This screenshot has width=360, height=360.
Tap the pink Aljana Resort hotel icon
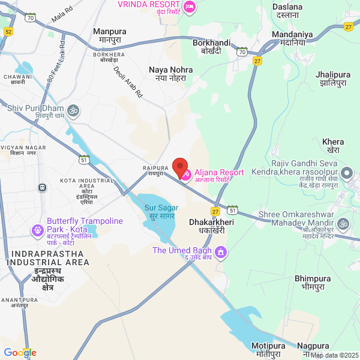pos(187,175)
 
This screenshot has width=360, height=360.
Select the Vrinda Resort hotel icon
pos(190,7)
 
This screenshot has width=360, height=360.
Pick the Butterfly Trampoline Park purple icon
pos(37,229)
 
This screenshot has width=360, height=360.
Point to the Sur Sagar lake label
pos(159,211)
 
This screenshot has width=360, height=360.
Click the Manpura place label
pos(109,35)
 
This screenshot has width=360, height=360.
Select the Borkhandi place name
pos(212,47)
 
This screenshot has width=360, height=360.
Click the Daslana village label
pos(287,11)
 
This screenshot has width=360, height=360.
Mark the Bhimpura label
pos(312,283)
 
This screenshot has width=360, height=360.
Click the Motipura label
pos(266,350)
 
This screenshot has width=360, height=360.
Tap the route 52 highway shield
pos(8,31)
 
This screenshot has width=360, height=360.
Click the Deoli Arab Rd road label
pos(128,82)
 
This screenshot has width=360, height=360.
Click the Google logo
pos(20,353)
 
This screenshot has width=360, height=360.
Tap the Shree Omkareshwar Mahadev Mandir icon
pos(343,224)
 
